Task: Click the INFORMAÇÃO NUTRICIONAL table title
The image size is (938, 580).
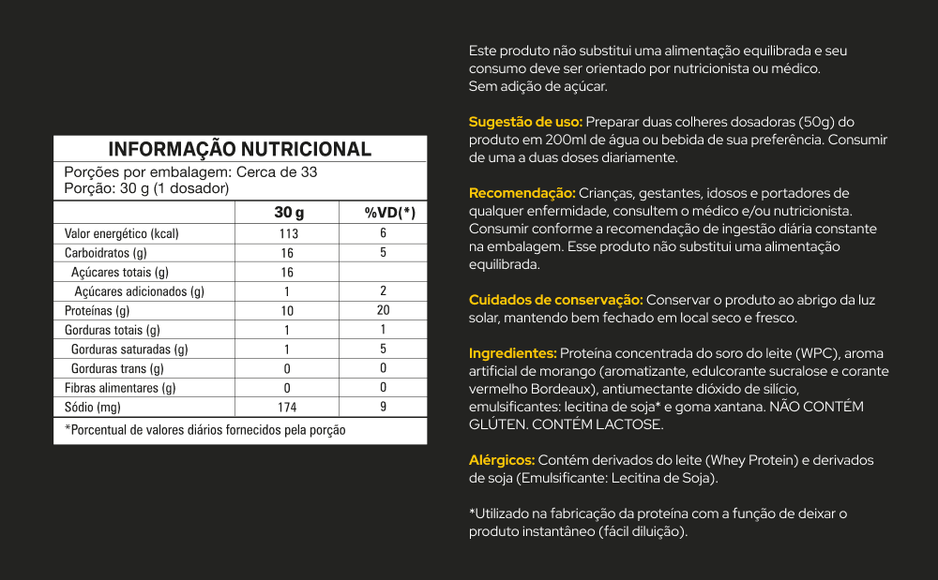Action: pyautogui.click(x=240, y=149)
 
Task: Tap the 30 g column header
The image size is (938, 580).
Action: pyautogui.click(x=288, y=213)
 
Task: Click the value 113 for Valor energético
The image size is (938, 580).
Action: pyautogui.click(x=288, y=233)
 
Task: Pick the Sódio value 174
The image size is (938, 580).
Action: pyautogui.click(x=287, y=408)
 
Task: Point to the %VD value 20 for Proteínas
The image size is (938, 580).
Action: pyautogui.click(x=383, y=310)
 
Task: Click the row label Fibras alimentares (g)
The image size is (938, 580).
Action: pyautogui.click(x=120, y=388)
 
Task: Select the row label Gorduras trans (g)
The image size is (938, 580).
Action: pyautogui.click(x=117, y=369)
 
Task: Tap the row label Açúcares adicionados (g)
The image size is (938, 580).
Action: pyautogui.click(x=138, y=291)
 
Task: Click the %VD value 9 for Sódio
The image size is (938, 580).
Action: pyautogui.click(x=383, y=408)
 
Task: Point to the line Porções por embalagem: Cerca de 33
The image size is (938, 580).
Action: pyautogui.click(x=190, y=172)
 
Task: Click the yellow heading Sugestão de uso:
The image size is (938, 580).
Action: pyautogui.click(x=525, y=122)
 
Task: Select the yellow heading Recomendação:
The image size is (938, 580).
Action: pyautogui.click(x=522, y=193)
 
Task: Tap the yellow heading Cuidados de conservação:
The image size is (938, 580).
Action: pyautogui.click(x=555, y=300)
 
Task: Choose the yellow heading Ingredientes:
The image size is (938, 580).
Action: pyautogui.click(x=513, y=353)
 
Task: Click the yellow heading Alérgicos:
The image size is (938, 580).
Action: pyautogui.click(x=502, y=460)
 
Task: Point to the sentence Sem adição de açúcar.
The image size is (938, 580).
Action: pyautogui.click(x=538, y=86)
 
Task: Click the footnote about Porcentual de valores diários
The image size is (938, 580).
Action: pyautogui.click(x=205, y=430)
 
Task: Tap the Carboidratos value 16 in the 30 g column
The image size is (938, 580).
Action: pyautogui.click(x=287, y=253)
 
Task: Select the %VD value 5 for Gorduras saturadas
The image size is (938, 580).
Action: pyautogui.click(x=383, y=349)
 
